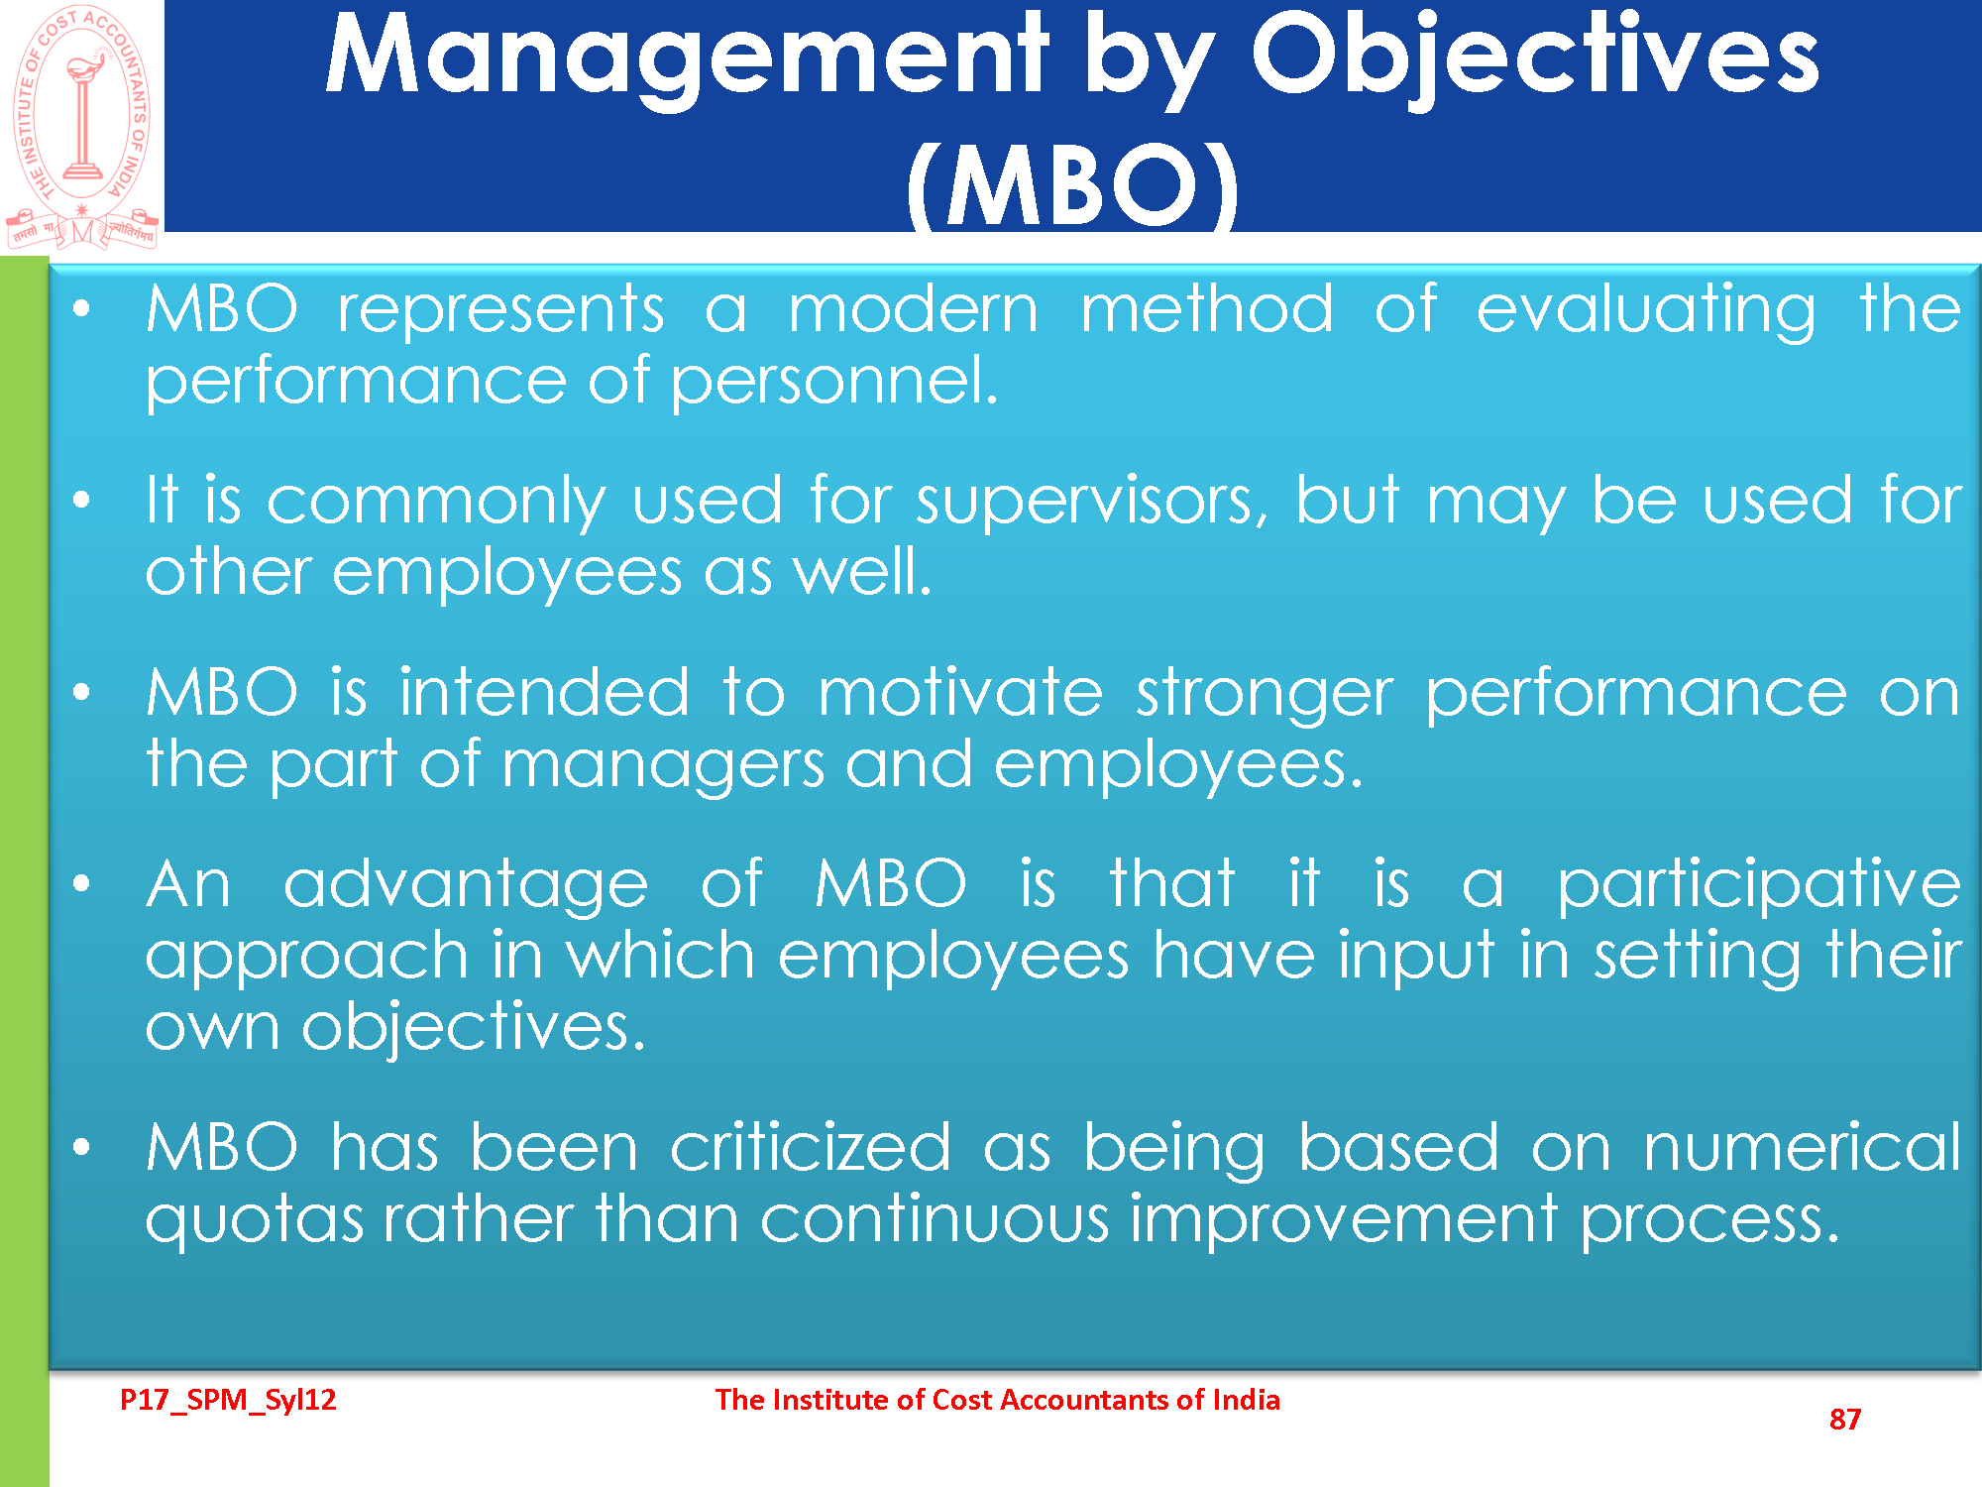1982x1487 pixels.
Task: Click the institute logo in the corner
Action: [82, 126]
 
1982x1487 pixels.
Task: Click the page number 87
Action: [1845, 1420]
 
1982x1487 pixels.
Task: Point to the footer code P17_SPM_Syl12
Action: [228, 1400]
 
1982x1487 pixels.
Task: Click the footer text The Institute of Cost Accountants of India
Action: [998, 1400]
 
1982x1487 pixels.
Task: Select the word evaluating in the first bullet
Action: [1646, 311]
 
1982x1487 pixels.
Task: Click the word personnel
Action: [834, 382]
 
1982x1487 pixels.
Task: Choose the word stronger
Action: [1265, 695]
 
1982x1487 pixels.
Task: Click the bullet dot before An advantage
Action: [81, 883]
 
